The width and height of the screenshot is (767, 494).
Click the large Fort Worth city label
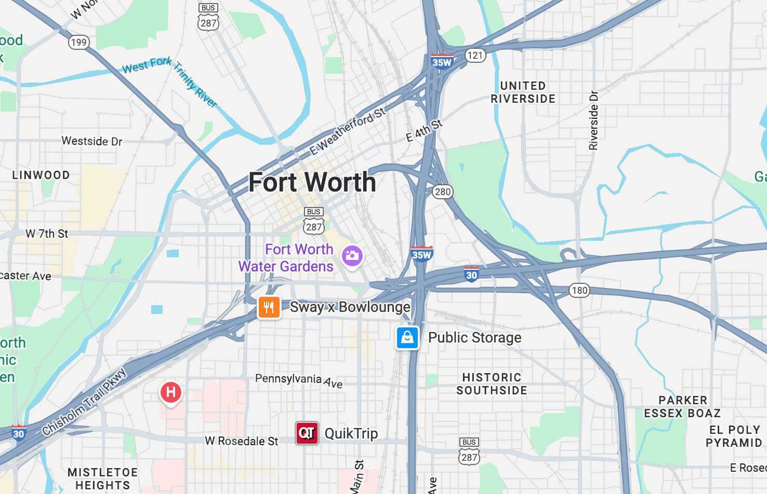tap(312, 182)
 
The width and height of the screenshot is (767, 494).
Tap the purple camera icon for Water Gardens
tap(352, 256)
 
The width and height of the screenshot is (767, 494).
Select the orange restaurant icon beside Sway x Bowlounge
tap(269, 307)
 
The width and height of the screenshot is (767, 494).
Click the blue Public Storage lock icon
tap(407, 338)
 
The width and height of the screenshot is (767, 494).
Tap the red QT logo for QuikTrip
tap(307, 433)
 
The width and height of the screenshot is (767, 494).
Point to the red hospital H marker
tap(170, 392)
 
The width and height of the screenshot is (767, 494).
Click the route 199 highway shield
tap(79, 42)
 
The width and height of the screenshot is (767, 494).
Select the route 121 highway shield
tap(475, 56)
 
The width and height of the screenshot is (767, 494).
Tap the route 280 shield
tap(443, 192)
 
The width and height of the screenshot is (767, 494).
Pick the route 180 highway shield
tap(579, 290)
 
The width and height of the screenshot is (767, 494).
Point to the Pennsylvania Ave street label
tap(298, 380)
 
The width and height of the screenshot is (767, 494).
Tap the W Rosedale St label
tap(242, 441)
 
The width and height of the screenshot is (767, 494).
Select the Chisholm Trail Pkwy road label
tap(84, 402)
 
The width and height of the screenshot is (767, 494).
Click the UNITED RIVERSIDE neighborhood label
tap(523, 92)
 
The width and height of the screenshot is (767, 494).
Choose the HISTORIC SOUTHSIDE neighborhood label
tap(492, 384)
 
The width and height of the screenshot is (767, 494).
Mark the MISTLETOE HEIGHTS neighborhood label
tap(102, 478)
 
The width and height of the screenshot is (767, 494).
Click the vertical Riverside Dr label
tap(593, 120)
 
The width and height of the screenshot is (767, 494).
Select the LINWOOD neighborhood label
tap(41, 175)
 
